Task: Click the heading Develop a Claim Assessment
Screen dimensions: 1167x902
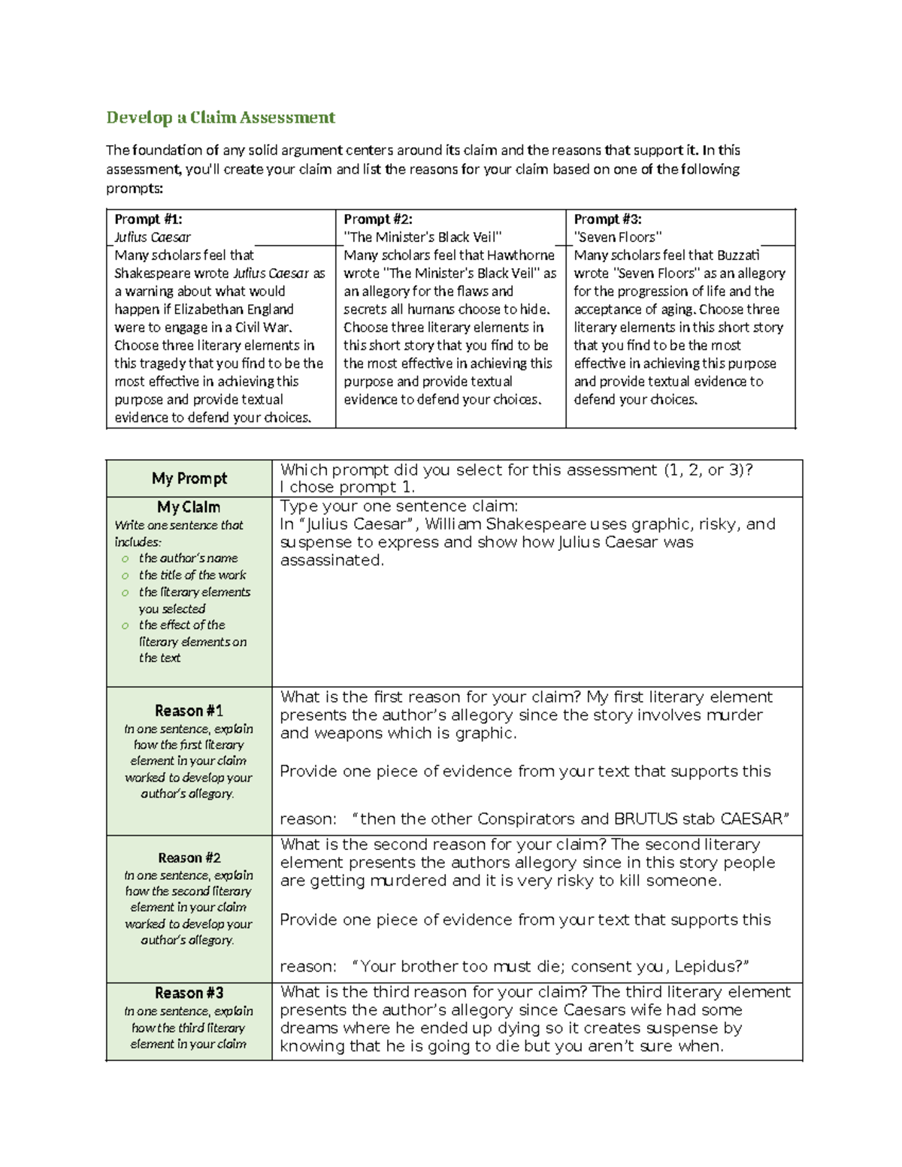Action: click(220, 118)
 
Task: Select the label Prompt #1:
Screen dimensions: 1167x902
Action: click(148, 219)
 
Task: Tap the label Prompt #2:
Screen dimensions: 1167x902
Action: click(378, 219)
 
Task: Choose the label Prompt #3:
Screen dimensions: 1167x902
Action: click(607, 219)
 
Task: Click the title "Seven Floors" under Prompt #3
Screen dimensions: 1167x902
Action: click(618, 237)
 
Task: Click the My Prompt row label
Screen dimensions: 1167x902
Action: click(189, 479)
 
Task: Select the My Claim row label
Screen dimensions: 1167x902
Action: click(189, 507)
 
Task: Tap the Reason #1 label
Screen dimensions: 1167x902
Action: click(189, 711)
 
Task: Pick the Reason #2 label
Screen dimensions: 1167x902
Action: click(189, 858)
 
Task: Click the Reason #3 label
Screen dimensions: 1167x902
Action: click(189, 993)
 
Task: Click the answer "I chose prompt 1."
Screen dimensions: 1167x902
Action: click(347, 487)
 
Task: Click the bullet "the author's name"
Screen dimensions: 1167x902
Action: click(188, 558)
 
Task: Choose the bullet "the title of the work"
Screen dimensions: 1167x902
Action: click(192, 575)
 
